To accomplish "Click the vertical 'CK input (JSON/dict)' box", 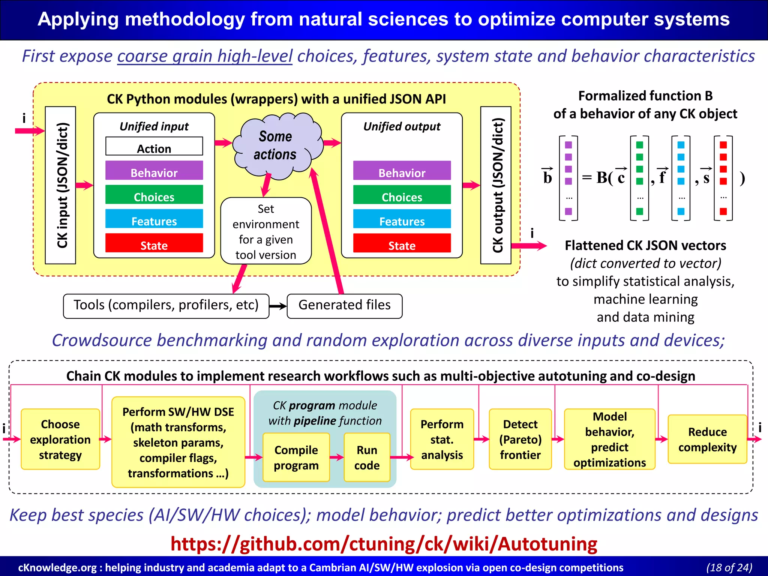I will (x=61, y=185).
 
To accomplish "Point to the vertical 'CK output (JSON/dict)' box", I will (x=496, y=185).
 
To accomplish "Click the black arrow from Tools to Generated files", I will (x=278, y=306).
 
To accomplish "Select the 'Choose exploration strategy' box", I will (x=60, y=439).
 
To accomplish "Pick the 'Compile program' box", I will (x=296, y=457).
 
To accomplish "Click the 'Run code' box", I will (x=367, y=457).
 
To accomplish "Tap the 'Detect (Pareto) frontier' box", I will (x=520, y=439).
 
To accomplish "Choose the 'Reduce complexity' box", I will (x=707, y=439).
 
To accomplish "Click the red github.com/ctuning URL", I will (x=384, y=544).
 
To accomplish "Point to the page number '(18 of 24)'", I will (x=729, y=567).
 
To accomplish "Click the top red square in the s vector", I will (x=723, y=145).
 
